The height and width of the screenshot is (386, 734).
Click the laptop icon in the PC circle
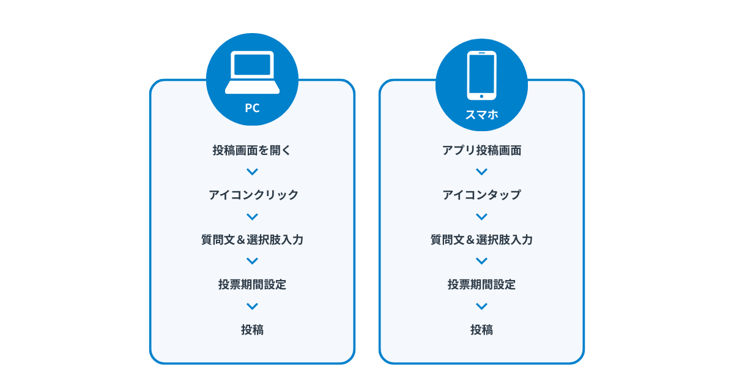pos(252,72)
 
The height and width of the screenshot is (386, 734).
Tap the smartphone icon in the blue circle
pos(481,75)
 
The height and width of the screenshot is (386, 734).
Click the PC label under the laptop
pos(252,108)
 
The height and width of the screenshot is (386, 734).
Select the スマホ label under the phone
pos(481,115)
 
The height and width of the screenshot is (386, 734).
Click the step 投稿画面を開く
pos(252,150)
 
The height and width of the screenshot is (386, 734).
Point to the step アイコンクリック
pos(253,195)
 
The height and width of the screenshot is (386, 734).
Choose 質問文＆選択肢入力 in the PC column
pos(252,240)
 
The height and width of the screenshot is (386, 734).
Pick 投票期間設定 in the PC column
pos(252,284)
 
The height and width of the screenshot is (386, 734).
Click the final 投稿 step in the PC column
pos(252,330)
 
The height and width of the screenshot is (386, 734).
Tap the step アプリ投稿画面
pos(481,150)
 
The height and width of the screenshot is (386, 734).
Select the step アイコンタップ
pos(481,195)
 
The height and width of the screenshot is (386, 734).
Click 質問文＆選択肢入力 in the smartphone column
pos(481,240)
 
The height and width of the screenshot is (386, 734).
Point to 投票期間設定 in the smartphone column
pos(481,284)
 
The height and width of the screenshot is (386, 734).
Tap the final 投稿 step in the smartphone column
pos(481,330)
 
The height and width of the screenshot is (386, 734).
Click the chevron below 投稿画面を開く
pos(252,172)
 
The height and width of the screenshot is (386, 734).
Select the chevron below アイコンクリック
pos(252,217)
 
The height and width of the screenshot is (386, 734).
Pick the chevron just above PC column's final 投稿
pos(252,306)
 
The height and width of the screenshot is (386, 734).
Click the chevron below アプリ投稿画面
pos(481,172)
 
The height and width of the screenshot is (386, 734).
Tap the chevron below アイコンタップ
pos(481,217)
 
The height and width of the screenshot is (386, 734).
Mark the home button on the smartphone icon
pos(481,96)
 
